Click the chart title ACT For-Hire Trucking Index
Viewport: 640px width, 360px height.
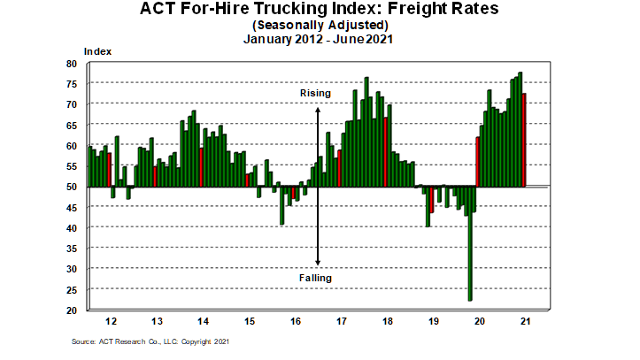pos(320,11)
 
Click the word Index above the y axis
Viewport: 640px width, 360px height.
pos(97,52)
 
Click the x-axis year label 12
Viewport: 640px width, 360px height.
pos(110,321)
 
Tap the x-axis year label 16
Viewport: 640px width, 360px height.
pos(294,321)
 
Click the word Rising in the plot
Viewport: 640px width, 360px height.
pos(316,92)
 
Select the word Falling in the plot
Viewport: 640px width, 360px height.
pos(315,278)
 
